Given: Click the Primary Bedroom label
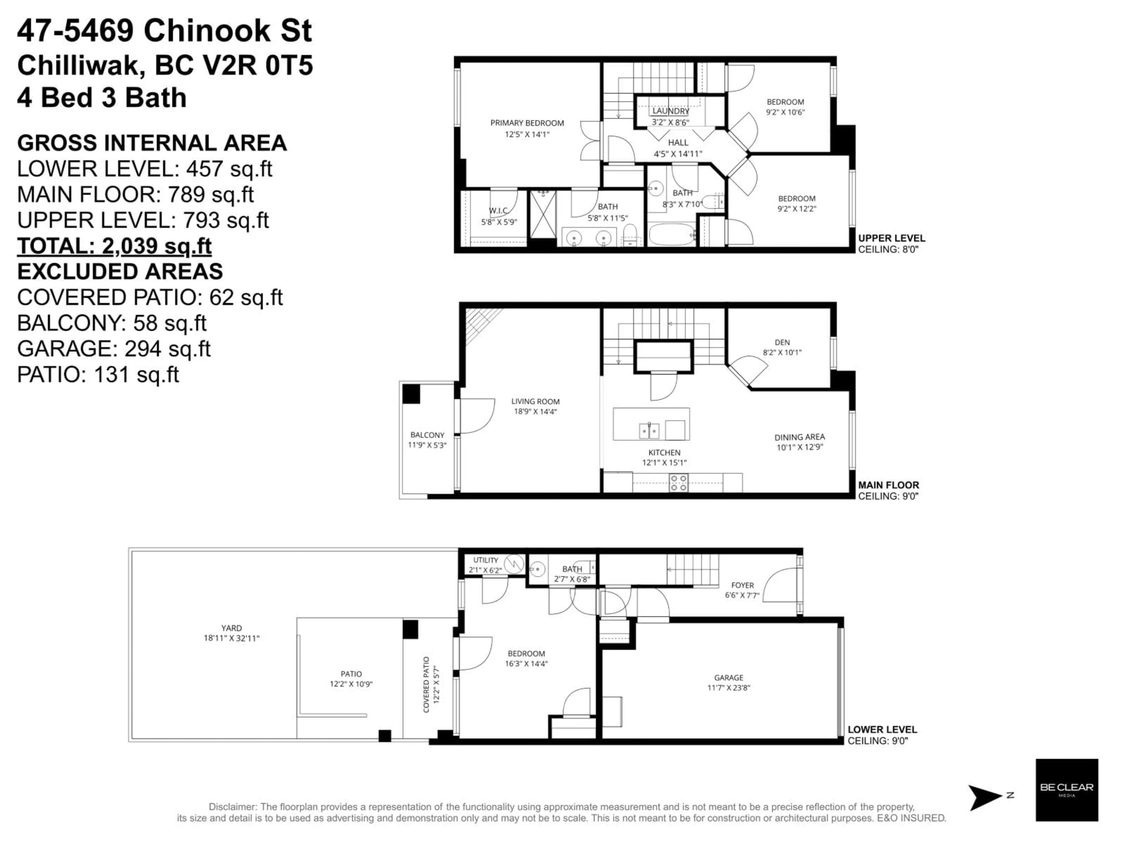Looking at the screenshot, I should [x=527, y=123].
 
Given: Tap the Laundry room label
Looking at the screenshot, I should [x=671, y=111].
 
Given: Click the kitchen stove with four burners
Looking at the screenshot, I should [x=678, y=483].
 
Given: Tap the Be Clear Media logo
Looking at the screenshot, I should [x=1067, y=790].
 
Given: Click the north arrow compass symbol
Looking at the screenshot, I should [x=986, y=797].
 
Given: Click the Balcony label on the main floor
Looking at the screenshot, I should [x=427, y=435].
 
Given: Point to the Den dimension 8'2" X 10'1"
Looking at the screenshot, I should [x=782, y=352].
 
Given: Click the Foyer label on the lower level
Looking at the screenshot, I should [x=742, y=585].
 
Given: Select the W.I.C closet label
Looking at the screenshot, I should [x=498, y=211].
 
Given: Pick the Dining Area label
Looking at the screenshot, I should [x=799, y=437].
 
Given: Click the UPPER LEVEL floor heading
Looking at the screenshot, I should [x=891, y=238].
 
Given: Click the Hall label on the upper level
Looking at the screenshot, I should [x=678, y=143].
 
